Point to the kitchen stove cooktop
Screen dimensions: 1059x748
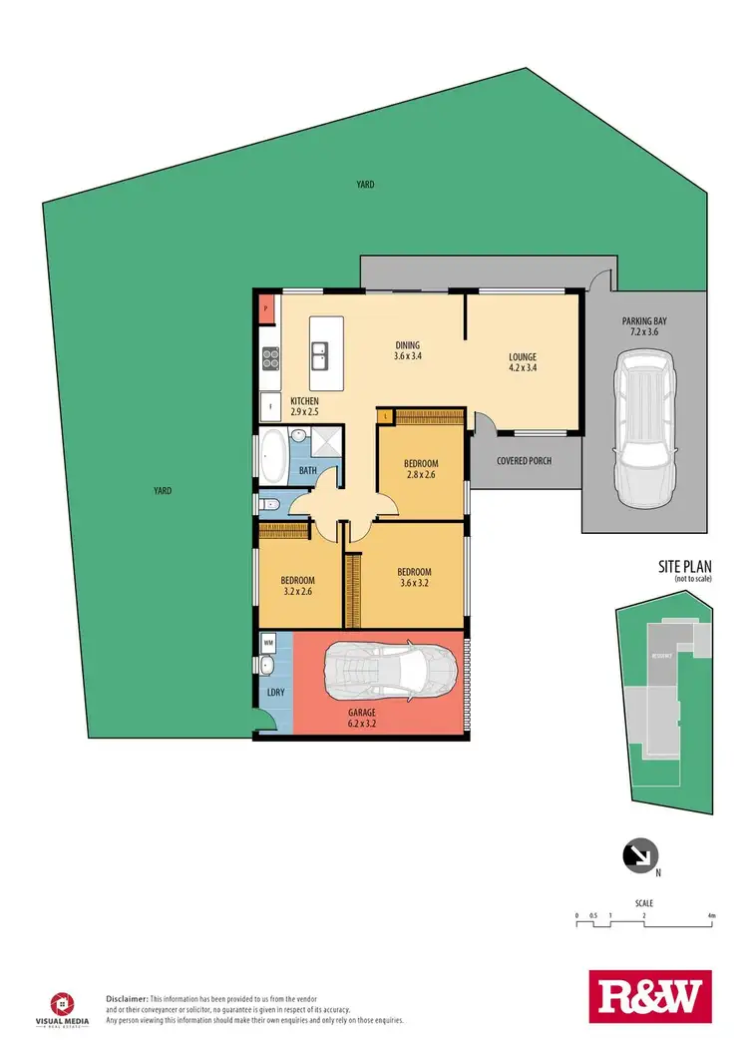[267, 358]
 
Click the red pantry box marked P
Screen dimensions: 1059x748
[266, 309]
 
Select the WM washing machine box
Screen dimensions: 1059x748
[268, 643]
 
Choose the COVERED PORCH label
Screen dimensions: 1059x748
[525, 460]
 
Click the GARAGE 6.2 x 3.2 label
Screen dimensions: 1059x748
[361, 719]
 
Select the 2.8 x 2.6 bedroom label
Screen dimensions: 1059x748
[420, 470]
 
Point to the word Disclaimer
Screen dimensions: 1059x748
[128, 998]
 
